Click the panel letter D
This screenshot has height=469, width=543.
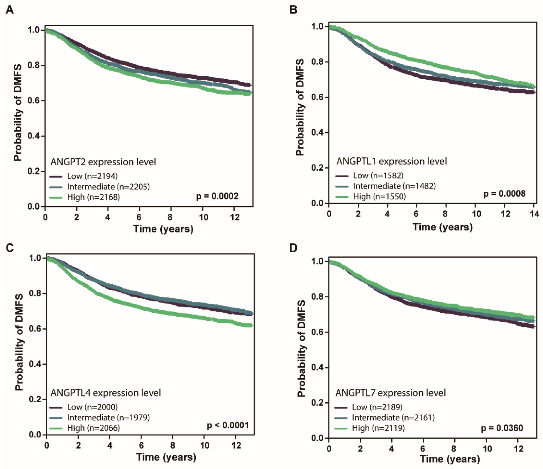293,247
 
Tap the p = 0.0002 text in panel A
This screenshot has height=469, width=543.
217,196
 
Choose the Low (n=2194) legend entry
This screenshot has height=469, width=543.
92,176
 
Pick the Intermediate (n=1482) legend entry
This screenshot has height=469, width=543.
394,186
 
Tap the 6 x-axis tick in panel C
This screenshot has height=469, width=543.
141,445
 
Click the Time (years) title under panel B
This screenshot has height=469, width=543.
442,227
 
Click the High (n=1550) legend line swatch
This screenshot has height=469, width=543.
342,197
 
